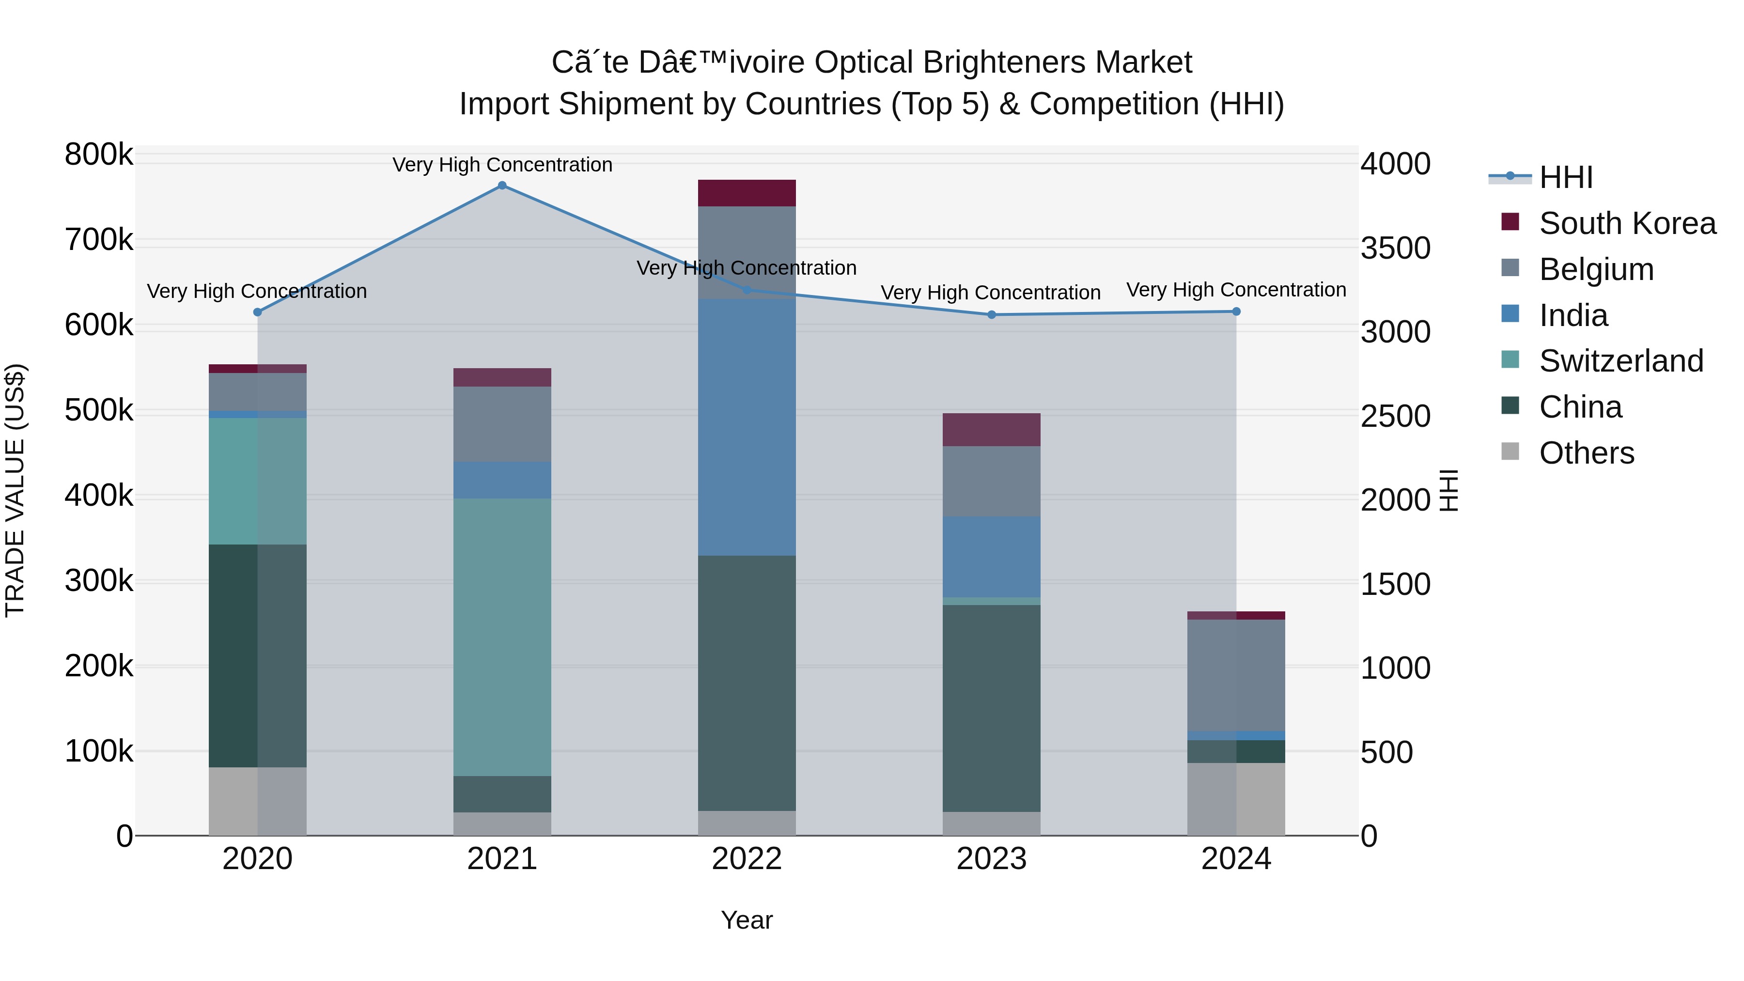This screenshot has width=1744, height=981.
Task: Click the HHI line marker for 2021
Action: [x=502, y=186]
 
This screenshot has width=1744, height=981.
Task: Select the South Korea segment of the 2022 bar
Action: [x=746, y=193]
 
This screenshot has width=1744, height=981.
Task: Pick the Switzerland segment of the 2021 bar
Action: [x=502, y=637]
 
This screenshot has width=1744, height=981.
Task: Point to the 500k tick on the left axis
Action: [x=99, y=410]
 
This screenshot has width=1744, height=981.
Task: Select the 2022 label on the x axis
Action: [x=746, y=859]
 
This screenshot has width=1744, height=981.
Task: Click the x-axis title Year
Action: [x=746, y=920]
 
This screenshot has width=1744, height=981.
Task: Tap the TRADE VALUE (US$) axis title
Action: [x=15, y=490]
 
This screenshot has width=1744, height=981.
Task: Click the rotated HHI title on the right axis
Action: [x=1448, y=490]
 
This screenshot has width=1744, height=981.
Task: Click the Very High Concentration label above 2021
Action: [x=502, y=165]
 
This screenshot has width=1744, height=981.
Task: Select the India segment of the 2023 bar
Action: [x=991, y=557]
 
